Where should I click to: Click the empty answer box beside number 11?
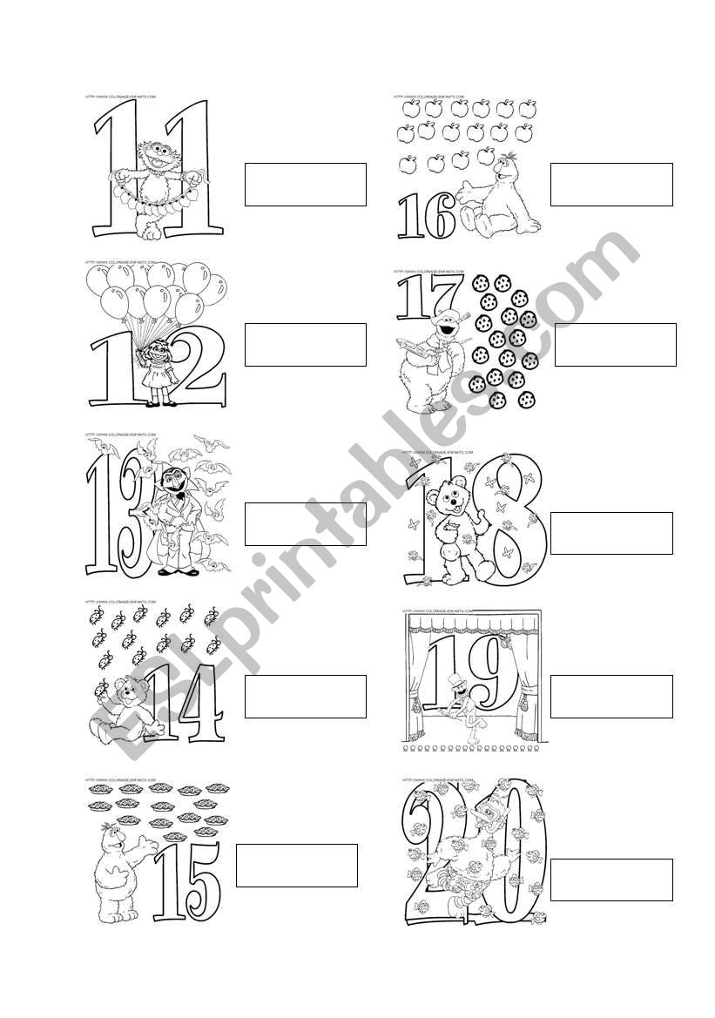[x=305, y=185]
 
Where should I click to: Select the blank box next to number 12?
[x=305, y=345]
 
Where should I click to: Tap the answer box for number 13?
[x=305, y=524]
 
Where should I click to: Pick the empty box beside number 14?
[x=305, y=697]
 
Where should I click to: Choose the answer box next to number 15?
[x=296, y=866]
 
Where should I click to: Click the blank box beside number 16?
[x=611, y=185]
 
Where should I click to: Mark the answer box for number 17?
[x=615, y=345]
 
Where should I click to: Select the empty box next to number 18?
[x=611, y=533]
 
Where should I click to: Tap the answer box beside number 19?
[x=611, y=697]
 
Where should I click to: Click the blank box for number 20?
[x=611, y=880]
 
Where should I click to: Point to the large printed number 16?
[x=427, y=216]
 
